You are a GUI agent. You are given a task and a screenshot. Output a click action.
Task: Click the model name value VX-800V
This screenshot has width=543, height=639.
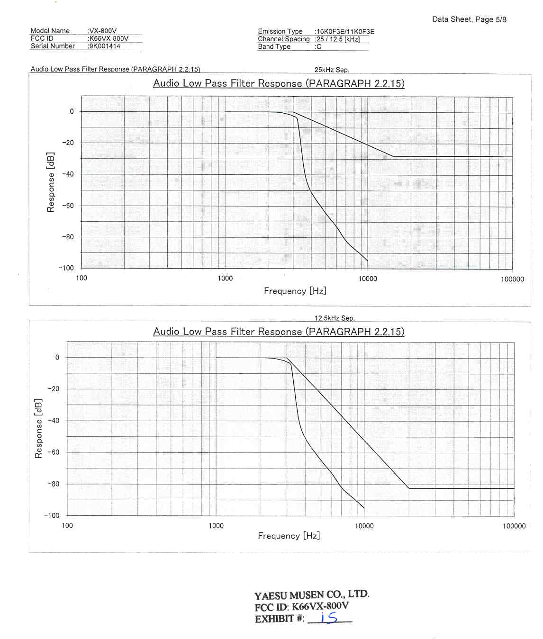coord(103,31)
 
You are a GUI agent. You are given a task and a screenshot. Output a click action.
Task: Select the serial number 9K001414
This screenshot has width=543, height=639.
coord(105,46)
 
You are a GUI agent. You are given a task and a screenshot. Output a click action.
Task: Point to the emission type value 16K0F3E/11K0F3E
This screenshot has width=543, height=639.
coord(345,32)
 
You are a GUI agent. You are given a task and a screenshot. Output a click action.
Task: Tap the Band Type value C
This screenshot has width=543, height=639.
coord(319,47)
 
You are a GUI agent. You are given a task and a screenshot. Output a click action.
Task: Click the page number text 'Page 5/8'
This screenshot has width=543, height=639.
coord(491,19)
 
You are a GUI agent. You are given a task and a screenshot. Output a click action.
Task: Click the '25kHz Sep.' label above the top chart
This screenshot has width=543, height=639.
coord(332,70)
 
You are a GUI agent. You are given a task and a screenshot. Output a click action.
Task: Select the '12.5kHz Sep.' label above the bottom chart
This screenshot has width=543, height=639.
coord(335,318)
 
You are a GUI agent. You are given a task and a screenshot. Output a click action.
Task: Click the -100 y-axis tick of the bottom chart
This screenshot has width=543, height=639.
coord(52,515)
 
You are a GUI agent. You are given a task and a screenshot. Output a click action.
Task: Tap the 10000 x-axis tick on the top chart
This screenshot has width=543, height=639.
coord(368,279)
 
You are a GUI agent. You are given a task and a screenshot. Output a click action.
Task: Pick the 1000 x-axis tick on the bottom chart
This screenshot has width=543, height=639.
coord(216,526)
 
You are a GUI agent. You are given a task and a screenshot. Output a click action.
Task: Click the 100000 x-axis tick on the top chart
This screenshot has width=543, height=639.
coord(512,279)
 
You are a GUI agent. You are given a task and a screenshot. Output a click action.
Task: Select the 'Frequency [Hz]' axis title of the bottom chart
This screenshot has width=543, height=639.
coord(289,536)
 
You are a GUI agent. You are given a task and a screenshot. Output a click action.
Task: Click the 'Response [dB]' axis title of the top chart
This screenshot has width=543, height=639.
coord(51,182)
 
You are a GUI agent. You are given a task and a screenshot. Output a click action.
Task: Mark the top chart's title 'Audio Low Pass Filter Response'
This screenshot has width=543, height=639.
coord(279,83)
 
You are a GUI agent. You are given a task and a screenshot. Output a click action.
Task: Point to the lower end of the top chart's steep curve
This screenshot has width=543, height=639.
coord(367,261)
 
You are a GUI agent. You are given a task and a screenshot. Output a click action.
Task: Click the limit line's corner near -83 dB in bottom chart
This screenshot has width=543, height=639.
coord(408,488)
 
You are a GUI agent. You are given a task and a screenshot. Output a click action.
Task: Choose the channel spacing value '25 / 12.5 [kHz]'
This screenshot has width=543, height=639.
coord(338,39)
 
